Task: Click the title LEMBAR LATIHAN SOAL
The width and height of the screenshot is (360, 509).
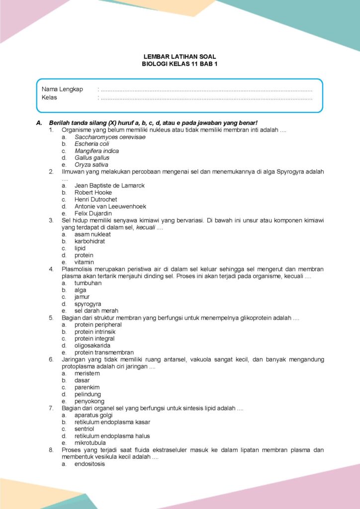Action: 180,57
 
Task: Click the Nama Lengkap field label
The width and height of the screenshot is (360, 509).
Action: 62,89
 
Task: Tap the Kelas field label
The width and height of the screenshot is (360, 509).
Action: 49,98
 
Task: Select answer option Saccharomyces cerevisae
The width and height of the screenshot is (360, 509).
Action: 110,137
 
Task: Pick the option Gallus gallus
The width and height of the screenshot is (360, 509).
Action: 92,158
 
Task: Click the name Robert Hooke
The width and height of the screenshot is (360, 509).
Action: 93,192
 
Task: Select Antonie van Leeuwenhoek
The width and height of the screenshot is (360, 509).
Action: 110,206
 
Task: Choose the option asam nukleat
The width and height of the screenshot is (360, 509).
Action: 92,234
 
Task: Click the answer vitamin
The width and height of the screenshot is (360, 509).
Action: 84,262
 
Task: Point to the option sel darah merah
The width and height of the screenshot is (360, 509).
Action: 96,311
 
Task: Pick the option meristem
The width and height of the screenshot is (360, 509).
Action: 87,373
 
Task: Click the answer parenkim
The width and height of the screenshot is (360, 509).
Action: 87,387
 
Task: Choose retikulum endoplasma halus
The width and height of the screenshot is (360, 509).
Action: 112,436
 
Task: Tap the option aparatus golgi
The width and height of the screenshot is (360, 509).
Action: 93,415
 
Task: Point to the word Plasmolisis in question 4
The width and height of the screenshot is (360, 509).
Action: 77,269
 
